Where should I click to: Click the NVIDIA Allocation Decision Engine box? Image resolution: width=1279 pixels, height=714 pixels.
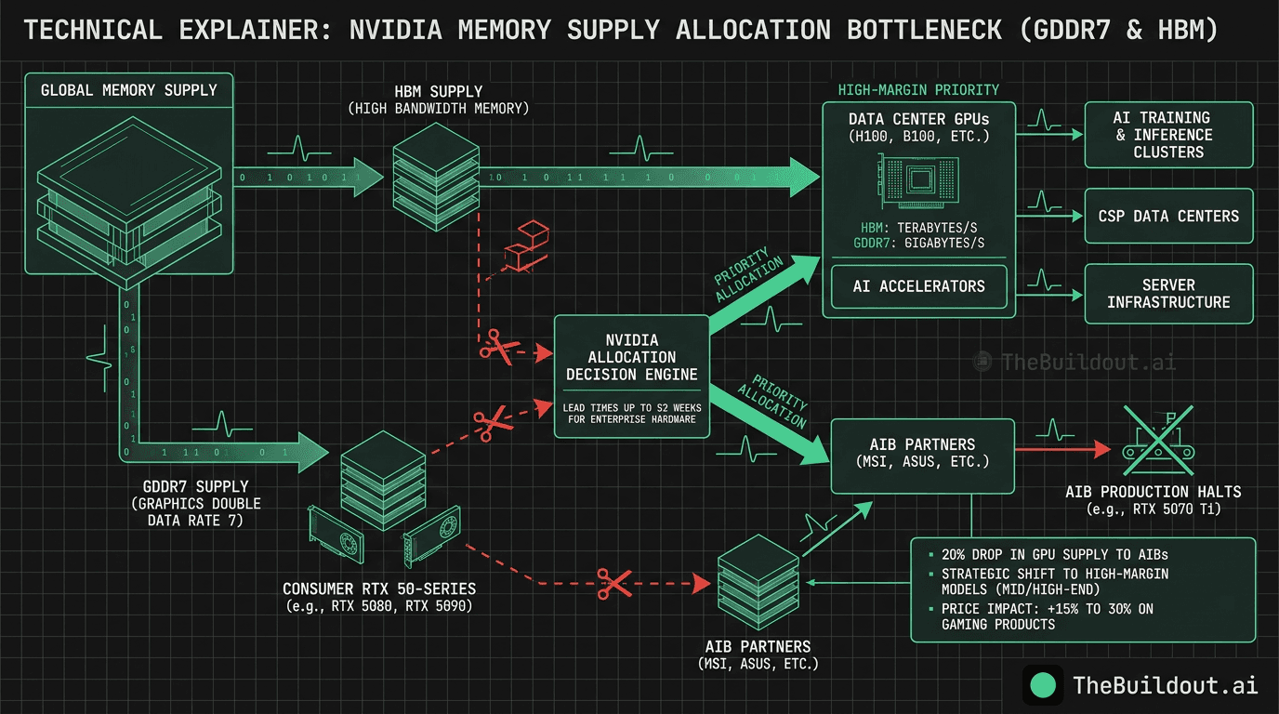tap(630, 358)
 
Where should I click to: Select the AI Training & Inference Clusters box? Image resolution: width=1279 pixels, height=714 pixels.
tap(1168, 135)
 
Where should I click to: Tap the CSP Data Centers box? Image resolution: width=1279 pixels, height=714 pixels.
tap(1168, 216)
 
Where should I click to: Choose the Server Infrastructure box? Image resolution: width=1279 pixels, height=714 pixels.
tap(1168, 293)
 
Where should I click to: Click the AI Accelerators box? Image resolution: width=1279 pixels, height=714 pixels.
tap(917, 286)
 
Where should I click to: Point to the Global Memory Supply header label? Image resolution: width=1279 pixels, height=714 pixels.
tap(128, 90)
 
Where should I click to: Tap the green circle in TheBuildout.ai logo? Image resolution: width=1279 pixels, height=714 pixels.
tap(1043, 685)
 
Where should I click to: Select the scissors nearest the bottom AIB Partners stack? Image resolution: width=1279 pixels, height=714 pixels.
tap(613, 583)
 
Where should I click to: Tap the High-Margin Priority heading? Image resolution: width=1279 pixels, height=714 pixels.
tap(918, 90)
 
